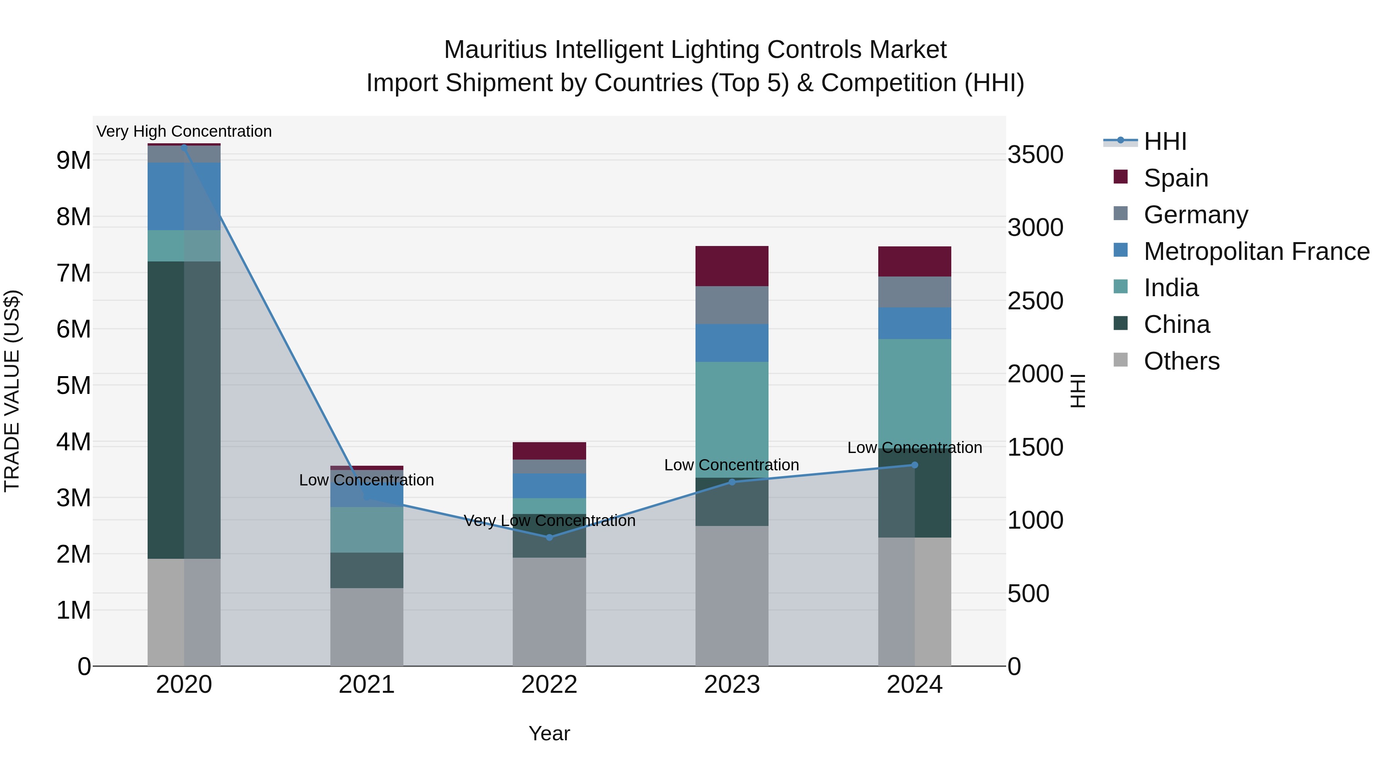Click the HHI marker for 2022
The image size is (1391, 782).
(549, 537)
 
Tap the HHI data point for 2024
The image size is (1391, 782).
(914, 465)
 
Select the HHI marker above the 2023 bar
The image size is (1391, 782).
(732, 482)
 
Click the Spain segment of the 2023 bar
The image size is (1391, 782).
(732, 266)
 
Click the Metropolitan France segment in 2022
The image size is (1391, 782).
(549, 486)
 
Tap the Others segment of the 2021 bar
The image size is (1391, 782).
(367, 626)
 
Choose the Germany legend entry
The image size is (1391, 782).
(1195, 215)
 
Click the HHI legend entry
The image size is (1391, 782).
(1165, 141)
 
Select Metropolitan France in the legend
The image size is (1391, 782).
(1256, 251)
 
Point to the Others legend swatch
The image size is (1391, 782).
(1121, 360)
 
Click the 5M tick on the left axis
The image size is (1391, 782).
(73, 385)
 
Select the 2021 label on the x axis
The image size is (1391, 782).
(367, 685)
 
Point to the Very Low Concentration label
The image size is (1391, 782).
(549, 520)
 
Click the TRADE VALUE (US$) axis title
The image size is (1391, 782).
(12, 391)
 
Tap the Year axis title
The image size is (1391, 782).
(549, 733)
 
